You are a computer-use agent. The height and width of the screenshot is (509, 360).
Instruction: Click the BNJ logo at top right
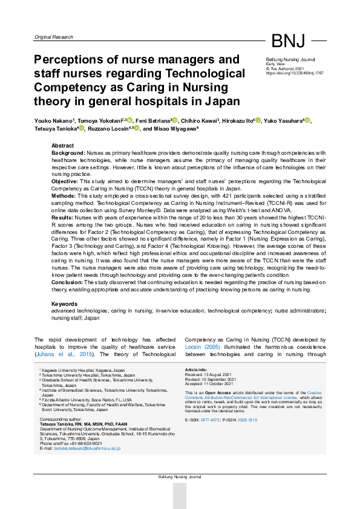click(x=288, y=41)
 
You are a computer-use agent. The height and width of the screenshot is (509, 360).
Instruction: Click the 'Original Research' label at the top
click(x=55, y=37)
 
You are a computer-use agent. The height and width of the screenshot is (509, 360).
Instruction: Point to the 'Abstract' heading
click(x=63, y=146)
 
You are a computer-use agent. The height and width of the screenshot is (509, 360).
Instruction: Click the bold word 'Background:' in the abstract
click(x=68, y=154)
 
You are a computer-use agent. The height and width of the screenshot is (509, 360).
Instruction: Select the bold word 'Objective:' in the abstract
click(x=65, y=181)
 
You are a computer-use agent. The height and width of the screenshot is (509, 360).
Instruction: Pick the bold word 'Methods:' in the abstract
click(x=64, y=195)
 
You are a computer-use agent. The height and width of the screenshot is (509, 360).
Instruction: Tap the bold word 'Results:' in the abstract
click(x=62, y=216)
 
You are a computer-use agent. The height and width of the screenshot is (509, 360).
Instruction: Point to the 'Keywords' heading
click(x=65, y=303)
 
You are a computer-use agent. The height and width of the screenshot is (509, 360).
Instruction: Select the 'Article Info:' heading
click(x=197, y=369)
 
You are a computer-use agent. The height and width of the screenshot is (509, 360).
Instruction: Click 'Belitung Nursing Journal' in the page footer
click(x=180, y=477)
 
